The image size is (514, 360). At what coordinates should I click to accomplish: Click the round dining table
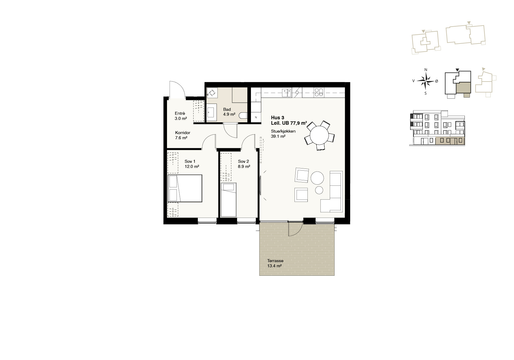(319, 135)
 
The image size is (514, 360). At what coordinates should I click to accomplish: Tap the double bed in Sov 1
(185, 188)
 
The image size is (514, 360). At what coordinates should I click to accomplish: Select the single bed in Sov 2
(228, 200)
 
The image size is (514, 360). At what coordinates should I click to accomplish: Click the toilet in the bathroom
(243, 115)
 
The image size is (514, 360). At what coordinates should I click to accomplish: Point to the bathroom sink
(212, 112)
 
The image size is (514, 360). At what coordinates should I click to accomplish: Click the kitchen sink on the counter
(287, 93)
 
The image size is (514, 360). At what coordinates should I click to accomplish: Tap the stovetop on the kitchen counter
(319, 92)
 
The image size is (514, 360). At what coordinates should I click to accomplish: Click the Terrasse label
(275, 261)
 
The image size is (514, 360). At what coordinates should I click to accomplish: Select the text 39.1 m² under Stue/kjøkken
(278, 136)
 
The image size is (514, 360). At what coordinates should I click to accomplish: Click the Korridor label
(183, 133)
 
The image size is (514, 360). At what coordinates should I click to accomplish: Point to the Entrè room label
(180, 113)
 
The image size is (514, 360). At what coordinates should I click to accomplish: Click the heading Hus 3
(278, 118)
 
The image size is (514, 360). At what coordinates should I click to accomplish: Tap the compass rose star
(426, 81)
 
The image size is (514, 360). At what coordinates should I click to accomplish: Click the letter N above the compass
(426, 70)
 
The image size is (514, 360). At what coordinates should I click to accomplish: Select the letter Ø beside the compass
(437, 81)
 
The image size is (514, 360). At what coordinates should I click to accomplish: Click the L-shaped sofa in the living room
(332, 191)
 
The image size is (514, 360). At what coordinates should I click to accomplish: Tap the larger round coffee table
(317, 178)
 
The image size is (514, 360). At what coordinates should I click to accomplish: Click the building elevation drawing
(437, 128)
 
